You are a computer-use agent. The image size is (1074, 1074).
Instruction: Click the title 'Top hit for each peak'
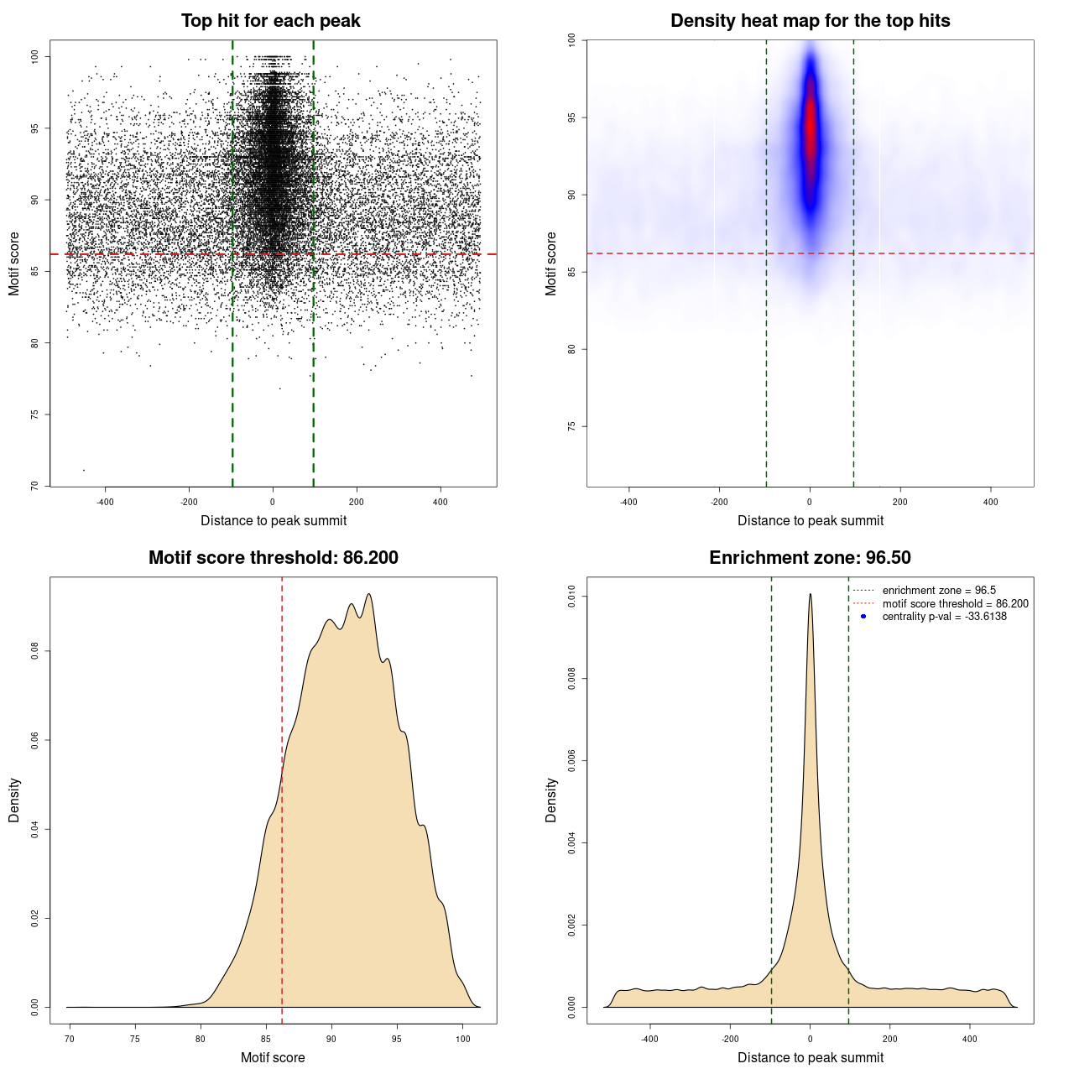[271, 21]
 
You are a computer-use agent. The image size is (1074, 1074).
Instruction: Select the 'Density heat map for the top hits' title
[810, 21]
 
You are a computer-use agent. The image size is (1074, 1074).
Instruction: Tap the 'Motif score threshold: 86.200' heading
[273, 558]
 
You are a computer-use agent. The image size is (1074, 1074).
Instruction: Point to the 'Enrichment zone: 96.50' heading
[810, 558]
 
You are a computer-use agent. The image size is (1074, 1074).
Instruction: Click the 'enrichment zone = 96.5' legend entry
[939, 591]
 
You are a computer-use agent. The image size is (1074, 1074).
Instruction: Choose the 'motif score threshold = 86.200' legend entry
[955, 604]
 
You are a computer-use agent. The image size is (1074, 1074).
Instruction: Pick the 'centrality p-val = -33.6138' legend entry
[944, 617]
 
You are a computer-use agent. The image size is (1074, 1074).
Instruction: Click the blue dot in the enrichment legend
[863, 617]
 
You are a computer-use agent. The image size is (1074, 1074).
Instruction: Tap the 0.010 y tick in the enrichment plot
[572, 597]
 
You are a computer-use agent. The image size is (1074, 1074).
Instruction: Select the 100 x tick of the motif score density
[463, 1040]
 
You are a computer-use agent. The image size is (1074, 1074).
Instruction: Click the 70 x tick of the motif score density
[70, 1040]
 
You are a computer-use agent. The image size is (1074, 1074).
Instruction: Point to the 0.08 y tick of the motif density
[34, 651]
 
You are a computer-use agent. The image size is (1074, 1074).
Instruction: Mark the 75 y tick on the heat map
[572, 426]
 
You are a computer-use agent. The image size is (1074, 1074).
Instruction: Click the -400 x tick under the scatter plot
[106, 503]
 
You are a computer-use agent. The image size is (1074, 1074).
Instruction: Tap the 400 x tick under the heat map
[991, 503]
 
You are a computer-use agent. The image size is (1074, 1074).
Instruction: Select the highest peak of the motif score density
[368, 594]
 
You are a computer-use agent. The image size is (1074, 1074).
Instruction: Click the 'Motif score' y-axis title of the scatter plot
[14, 263]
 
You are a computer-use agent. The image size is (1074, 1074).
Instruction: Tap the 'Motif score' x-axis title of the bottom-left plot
[273, 1057]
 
